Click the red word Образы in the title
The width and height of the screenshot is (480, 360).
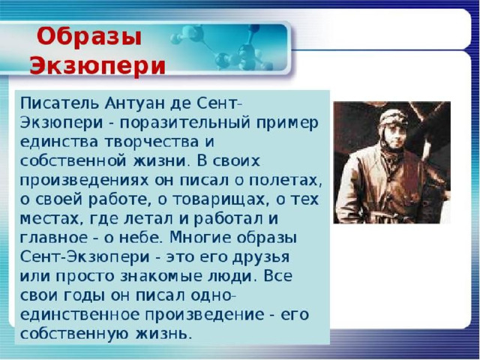click(x=89, y=37)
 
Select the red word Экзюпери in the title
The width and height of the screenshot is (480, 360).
click(x=97, y=65)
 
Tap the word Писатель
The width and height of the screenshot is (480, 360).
click(x=60, y=103)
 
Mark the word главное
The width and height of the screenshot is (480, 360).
click(x=53, y=238)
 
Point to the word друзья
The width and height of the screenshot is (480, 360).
click(x=261, y=257)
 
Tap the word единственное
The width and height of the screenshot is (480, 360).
click(x=79, y=315)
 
